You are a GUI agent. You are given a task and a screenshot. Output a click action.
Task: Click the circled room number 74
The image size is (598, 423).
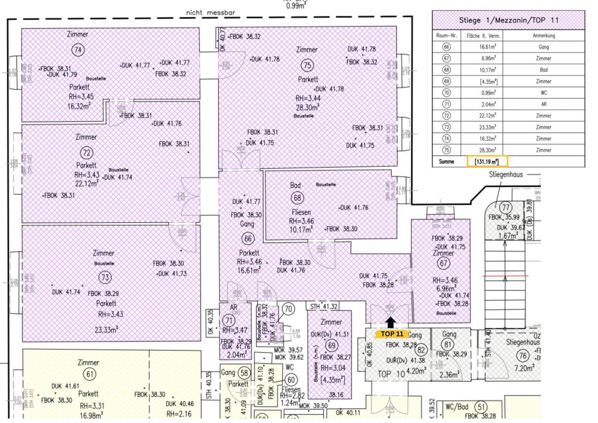pos(78,50)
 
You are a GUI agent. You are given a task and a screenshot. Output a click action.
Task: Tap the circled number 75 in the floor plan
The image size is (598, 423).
pos(307,65)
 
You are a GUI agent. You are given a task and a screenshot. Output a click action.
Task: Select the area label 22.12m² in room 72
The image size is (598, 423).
pos(87,183)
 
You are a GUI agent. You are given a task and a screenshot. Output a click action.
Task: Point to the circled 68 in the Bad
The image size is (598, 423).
pos(297,198)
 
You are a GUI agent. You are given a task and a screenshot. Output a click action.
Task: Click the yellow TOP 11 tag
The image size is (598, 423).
pos(392,334)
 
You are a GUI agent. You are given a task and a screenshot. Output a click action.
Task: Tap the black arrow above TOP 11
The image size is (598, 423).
pos(390,322)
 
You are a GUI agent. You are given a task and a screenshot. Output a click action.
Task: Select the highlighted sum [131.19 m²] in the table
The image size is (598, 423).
pos(487,161)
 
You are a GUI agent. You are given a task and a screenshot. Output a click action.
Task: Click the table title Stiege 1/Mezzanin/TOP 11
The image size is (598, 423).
pos(508,20)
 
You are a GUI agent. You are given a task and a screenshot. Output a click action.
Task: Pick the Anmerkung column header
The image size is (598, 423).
pos(544,36)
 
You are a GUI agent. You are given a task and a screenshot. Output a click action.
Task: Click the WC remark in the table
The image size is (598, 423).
pos(544,93)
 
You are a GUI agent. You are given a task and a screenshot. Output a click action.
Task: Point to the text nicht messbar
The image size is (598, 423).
pos(210,13)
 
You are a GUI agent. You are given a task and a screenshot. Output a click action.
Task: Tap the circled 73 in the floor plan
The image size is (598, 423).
pos(105,278)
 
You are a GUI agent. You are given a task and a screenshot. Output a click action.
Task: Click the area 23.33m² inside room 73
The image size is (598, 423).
pos(107,330)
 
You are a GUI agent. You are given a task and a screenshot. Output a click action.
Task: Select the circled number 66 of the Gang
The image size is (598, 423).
pos(248,239)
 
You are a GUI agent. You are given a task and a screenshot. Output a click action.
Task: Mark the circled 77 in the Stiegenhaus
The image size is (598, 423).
pos(505,208)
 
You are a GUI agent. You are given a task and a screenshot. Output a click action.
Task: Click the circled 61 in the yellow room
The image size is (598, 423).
pos(90,374)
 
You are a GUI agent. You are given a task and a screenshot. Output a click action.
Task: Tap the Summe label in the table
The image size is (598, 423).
pos(446,161)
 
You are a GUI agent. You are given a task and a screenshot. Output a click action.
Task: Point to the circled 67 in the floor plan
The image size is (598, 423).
pos(443,263)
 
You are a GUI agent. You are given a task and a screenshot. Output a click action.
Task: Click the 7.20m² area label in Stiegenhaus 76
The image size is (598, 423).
pos(524,369)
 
